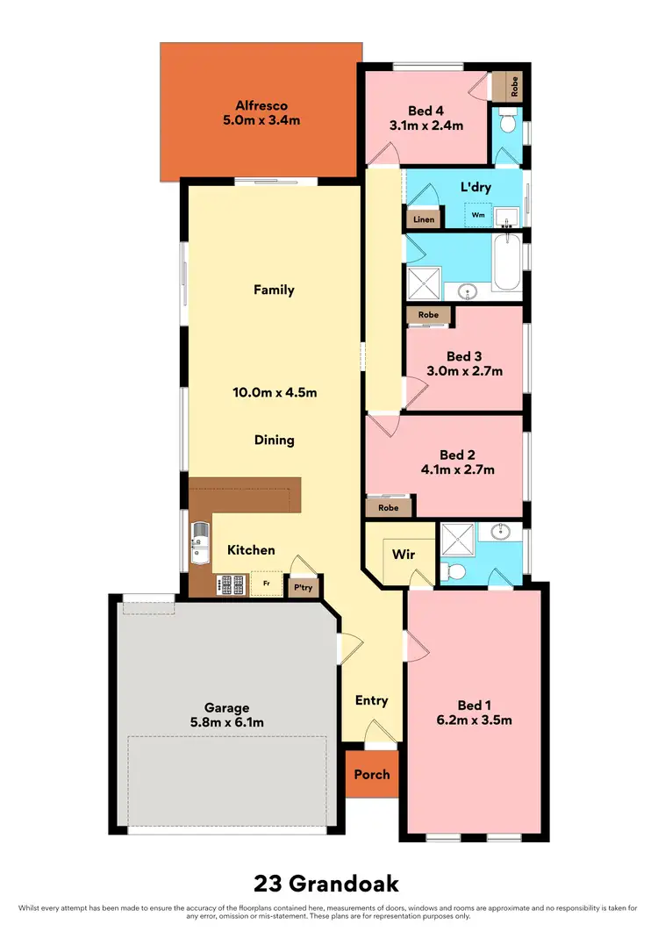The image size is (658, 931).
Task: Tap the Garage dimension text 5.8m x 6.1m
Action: click(x=227, y=722)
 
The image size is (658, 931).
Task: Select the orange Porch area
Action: click(x=371, y=775)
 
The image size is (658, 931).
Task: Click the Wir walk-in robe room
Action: click(x=403, y=555)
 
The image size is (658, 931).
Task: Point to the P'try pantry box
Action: click(x=304, y=587)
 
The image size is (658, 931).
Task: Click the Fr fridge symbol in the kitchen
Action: click(x=266, y=582)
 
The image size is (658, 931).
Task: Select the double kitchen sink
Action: click(x=199, y=543)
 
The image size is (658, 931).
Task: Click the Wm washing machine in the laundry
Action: click(x=478, y=214)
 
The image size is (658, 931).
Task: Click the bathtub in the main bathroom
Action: click(x=507, y=264)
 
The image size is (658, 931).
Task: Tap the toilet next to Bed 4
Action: click(x=506, y=123)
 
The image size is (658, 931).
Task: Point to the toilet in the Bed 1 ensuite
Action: click(x=454, y=571)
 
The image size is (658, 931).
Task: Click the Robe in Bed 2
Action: click(x=389, y=507)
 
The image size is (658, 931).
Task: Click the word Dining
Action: click(x=274, y=440)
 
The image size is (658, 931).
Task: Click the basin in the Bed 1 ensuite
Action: click(x=502, y=532)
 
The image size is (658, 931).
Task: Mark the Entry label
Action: click(x=371, y=700)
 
